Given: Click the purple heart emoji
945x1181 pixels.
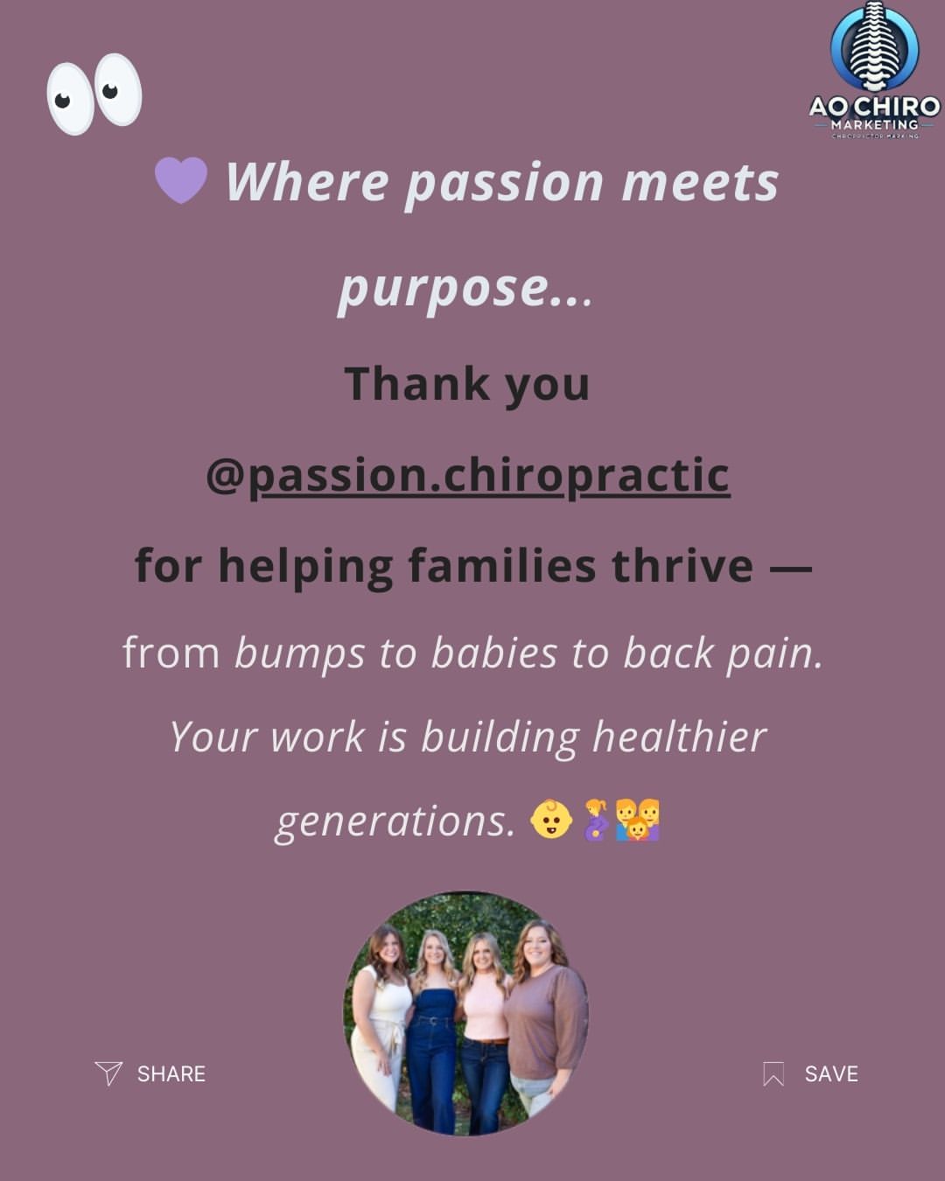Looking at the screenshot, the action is pyautogui.click(x=180, y=180).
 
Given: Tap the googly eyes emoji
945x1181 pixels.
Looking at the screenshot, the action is pyautogui.click(x=94, y=94).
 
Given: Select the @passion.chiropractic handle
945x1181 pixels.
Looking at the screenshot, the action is pyautogui.click(x=468, y=475).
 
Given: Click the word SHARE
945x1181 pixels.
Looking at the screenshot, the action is pyautogui.click(x=171, y=1074).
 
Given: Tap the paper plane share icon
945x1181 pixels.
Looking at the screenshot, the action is pyautogui.click(x=108, y=1073).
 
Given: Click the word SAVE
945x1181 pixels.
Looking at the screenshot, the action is pyautogui.click(x=831, y=1074).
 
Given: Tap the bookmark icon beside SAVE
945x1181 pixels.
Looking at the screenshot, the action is pyautogui.click(x=773, y=1074).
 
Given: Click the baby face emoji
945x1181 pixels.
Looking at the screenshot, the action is pyautogui.click(x=551, y=820).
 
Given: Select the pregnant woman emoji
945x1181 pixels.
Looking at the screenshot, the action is pyautogui.click(x=595, y=820).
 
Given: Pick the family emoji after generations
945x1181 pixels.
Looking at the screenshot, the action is pyautogui.click(x=637, y=820).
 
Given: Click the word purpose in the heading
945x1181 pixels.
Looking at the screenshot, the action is pyautogui.click(x=444, y=290).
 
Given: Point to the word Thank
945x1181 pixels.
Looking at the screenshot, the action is pyautogui.click(x=416, y=383).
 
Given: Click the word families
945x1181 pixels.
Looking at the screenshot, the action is pyautogui.click(x=502, y=565).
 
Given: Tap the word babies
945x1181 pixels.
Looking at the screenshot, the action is pyautogui.click(x=494, y=653).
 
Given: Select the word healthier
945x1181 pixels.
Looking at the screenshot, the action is pyautogui.click(x=679, y=737).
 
